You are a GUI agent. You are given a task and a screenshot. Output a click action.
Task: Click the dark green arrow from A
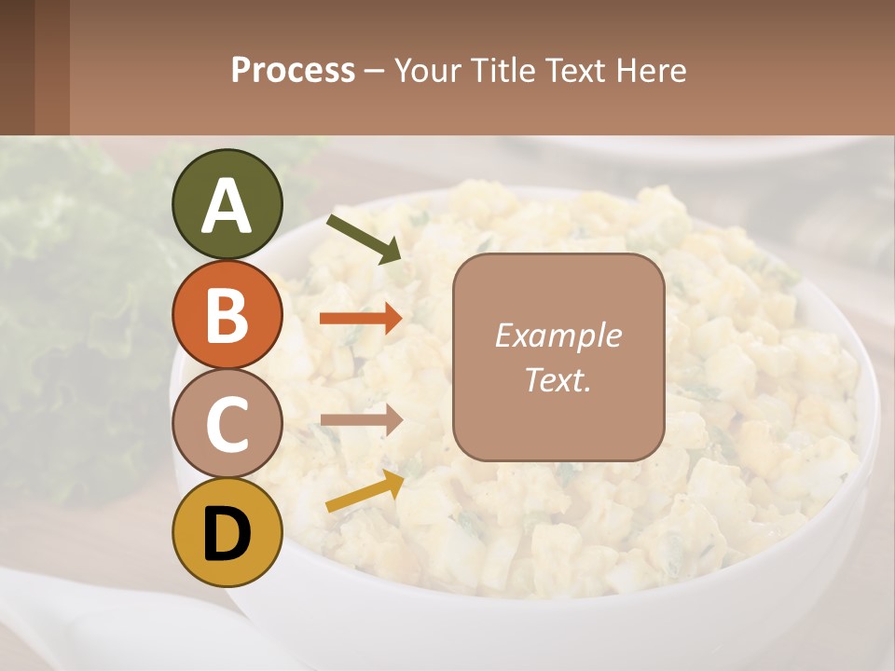(x=364, y=238)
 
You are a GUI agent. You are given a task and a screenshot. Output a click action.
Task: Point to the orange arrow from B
(x=360, y=319)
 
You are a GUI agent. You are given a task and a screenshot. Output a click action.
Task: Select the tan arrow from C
(x=360, y=419)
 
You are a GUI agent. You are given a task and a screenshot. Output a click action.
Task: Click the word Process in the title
(x=293, y=70)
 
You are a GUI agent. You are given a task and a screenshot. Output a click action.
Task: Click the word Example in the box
(x=558, y=335)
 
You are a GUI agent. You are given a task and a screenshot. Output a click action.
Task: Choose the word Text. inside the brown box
(x=558, y=379)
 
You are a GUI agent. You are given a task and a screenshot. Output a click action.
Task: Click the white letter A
(x=227, y=205)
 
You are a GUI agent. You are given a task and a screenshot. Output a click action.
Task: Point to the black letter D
(x=227, y=534)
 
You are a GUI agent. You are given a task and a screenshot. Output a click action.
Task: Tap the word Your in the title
(x=426, y=70)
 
